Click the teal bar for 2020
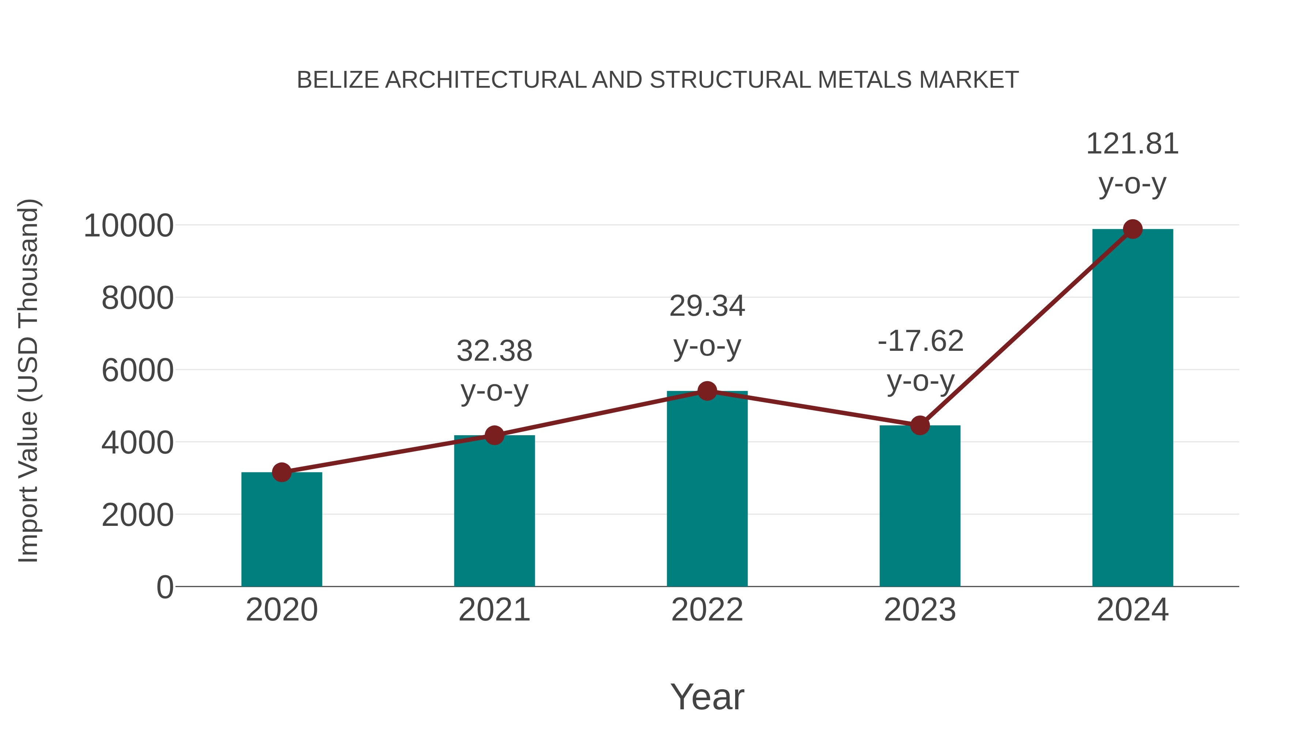click(281, 531)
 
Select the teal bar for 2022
click(707, 490)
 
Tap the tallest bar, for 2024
click(1132, 409)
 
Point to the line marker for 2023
click(920, 425)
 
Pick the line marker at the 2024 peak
click(1132, 229)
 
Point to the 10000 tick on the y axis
click(128, 226)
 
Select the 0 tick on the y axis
click(164, 587)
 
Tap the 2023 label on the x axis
click(920, 610)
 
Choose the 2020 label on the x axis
click(281, 610)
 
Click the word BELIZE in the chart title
click(338, 80)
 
